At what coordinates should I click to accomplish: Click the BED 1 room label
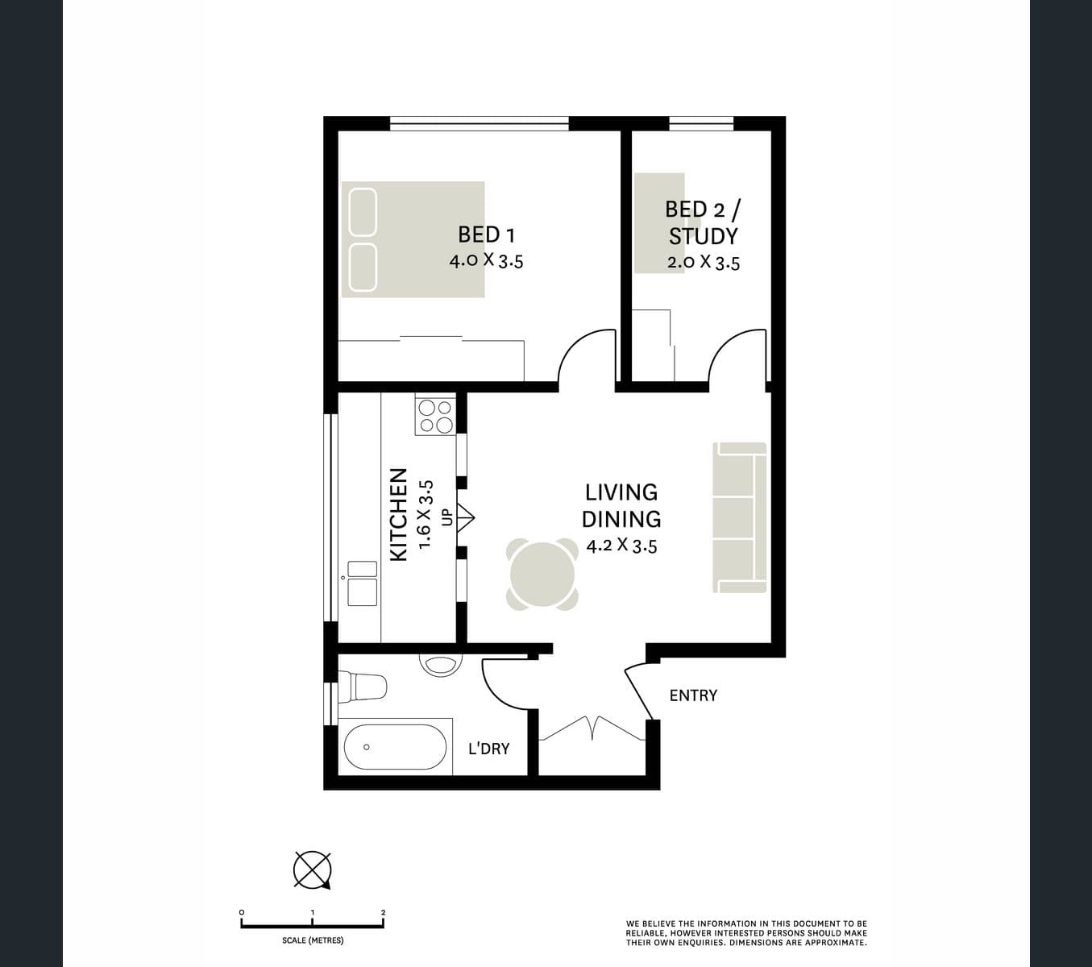(x=486, y=234)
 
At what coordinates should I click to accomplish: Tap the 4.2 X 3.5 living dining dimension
(x=621, y=546)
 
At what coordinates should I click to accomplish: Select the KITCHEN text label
(x=398, y=515)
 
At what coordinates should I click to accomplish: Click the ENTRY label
(x=693, y=695)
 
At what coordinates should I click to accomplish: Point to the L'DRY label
(x=489, y=749)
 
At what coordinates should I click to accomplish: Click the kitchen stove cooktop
(x=435, y=416)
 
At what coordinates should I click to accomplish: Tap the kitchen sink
(x=362, y=583)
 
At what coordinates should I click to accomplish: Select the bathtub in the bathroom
(x=395, y=747)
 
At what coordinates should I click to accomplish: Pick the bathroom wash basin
(x=441, y=664)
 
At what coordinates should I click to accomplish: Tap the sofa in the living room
(x=740, y=517)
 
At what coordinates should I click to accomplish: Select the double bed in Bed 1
(x=413, y=239)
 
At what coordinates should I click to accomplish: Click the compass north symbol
(x=312, y=870)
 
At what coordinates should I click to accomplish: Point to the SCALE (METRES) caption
(x=313, y=940)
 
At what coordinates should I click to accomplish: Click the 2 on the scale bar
(x=384, y=913)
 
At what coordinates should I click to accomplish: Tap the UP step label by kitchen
(x=446, y=517)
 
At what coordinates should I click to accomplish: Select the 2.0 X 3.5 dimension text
(x=703, y=263)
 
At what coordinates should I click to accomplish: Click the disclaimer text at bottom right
(x=746, y=933)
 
